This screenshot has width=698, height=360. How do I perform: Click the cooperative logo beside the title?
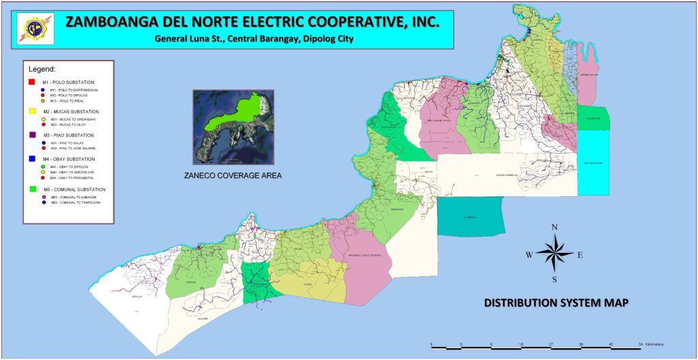33,29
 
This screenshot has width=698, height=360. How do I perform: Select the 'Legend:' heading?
42,70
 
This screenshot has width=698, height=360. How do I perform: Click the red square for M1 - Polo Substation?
31,82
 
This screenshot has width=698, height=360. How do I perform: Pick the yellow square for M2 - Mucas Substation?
31,111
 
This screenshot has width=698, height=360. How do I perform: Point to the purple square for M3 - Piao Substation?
31,135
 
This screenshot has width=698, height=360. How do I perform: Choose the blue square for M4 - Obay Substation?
31,159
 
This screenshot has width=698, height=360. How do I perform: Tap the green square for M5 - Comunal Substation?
31,189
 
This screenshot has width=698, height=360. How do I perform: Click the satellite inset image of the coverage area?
233,127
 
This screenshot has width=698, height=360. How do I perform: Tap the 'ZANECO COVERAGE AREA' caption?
233,175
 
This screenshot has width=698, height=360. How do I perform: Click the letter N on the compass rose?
555,227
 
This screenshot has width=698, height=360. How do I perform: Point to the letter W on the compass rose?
529,254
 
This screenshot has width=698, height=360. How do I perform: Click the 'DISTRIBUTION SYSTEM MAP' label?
556,302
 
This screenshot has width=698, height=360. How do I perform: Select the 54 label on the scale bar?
641,343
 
